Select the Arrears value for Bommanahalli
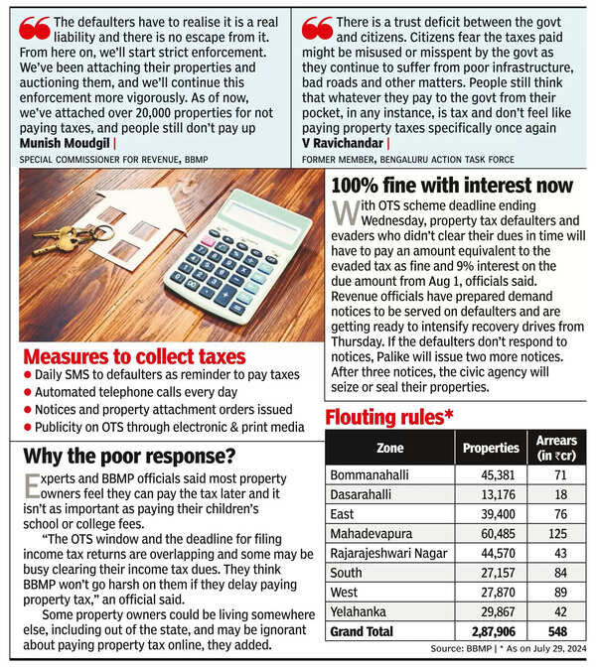(x=558, y=475)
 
